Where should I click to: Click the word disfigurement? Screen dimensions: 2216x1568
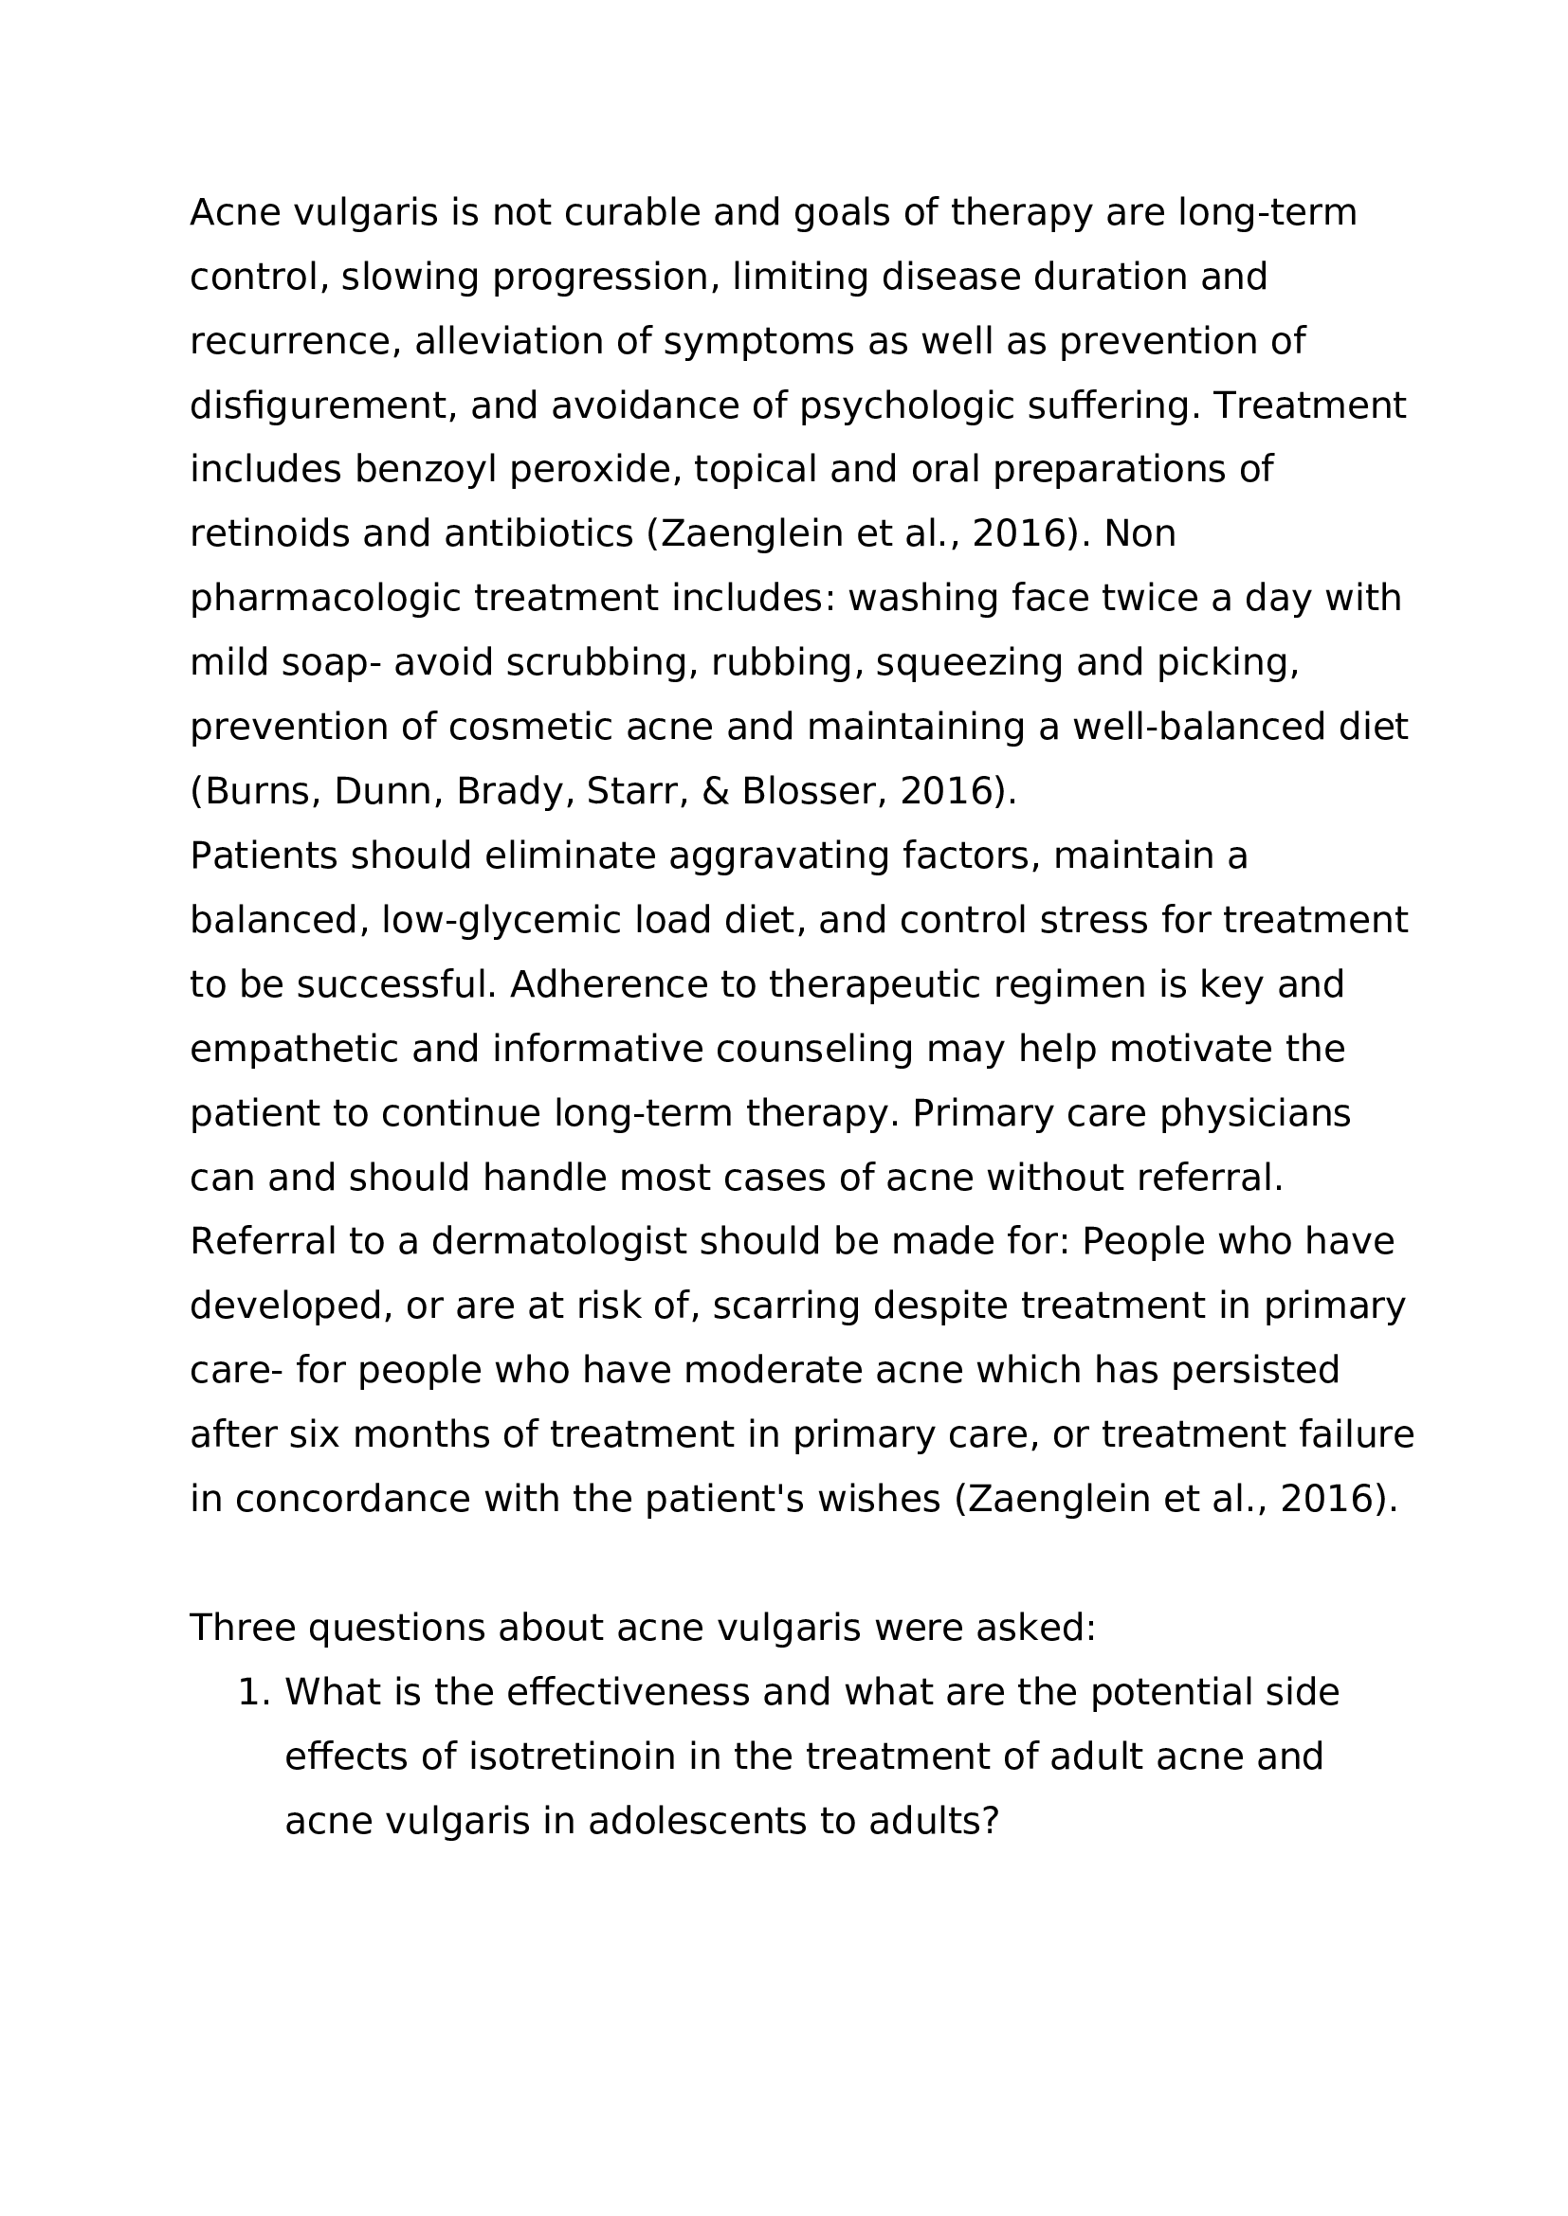click(x=322, y=405)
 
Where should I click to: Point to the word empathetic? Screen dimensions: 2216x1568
click(x=294, y=1049)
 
